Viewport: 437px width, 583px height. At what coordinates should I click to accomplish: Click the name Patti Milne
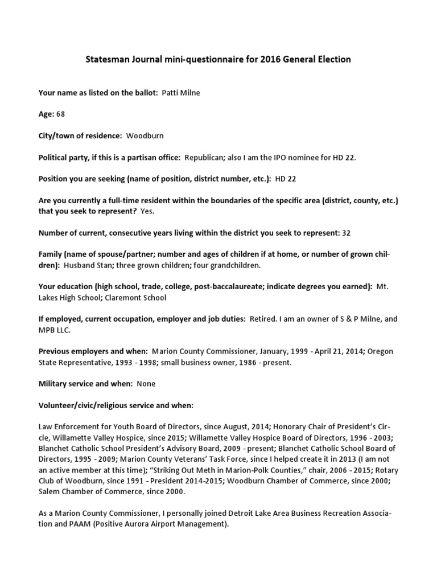coord(182,92)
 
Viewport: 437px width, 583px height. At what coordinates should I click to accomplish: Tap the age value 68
coord(60,114)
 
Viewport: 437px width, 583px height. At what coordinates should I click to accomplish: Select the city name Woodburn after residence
coord(145,136)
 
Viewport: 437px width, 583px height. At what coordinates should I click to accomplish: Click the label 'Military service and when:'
coord(85,384)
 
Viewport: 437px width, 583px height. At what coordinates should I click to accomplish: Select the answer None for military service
coord(146,384)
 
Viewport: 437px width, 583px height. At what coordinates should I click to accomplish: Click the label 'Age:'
coord(46,114)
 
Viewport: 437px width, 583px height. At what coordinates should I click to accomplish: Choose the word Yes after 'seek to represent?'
coord(147,211)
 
